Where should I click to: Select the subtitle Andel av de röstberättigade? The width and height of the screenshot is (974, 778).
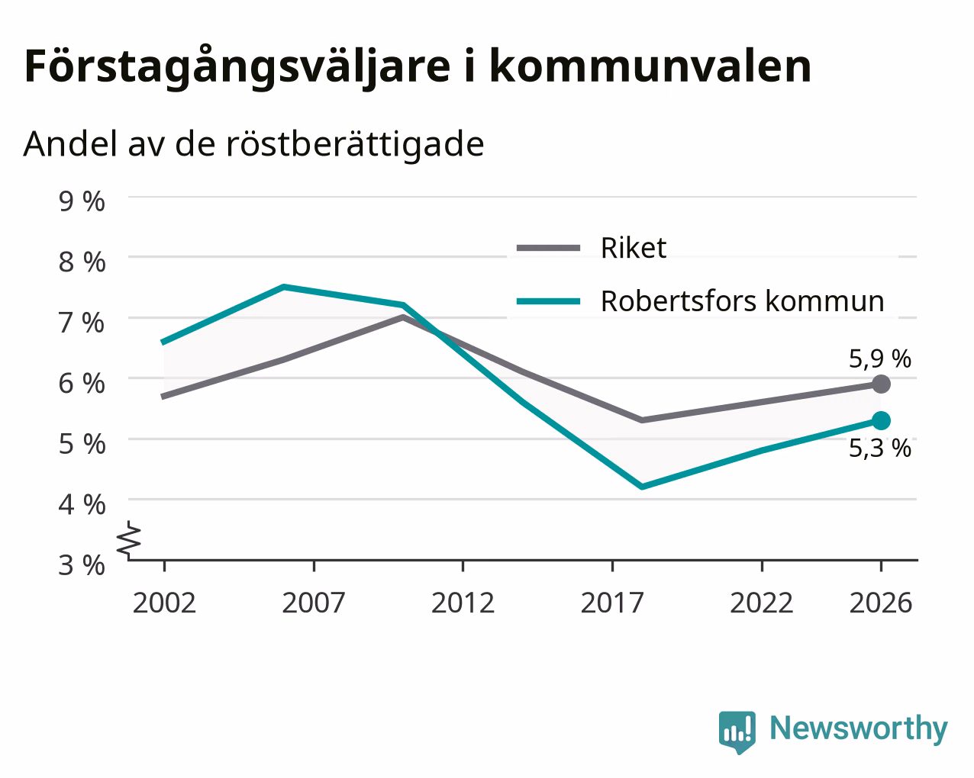[x=253, y=145]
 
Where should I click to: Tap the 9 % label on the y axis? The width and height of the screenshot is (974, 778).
[x=82, y=201]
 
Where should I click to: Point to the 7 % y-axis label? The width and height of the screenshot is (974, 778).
[x=82, y=323]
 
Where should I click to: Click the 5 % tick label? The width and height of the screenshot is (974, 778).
[x=82, y=444]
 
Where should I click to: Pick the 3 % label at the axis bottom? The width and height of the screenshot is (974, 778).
[x=82, y=565]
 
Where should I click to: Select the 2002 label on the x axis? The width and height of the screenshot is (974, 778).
[x=164, y=603]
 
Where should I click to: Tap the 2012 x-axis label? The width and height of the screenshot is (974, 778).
[x=463, y=603]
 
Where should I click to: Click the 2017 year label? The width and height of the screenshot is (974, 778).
[x=612, y=603]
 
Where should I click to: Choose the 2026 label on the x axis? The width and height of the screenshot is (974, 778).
[x=881, y=603]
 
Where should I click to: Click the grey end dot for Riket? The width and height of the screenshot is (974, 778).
[x=881, y=384]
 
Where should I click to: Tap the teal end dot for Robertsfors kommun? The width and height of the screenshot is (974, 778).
[x=881, y=421]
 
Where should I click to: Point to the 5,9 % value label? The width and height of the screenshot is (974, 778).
[x=880, y=359]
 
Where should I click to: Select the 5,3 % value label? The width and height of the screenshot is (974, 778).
[x=880, y=448]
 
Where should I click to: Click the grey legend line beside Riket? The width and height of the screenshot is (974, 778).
[x=548, y=248]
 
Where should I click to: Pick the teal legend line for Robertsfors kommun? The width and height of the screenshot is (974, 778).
[x=548, y=301]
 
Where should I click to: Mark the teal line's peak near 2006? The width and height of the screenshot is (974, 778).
[x=284, y=287]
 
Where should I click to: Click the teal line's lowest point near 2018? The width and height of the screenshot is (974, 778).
[x=642, y=487]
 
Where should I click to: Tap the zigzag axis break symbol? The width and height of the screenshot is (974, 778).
[x=128, y=539]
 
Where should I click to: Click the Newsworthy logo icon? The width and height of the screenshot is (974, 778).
[x=737, y=730]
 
